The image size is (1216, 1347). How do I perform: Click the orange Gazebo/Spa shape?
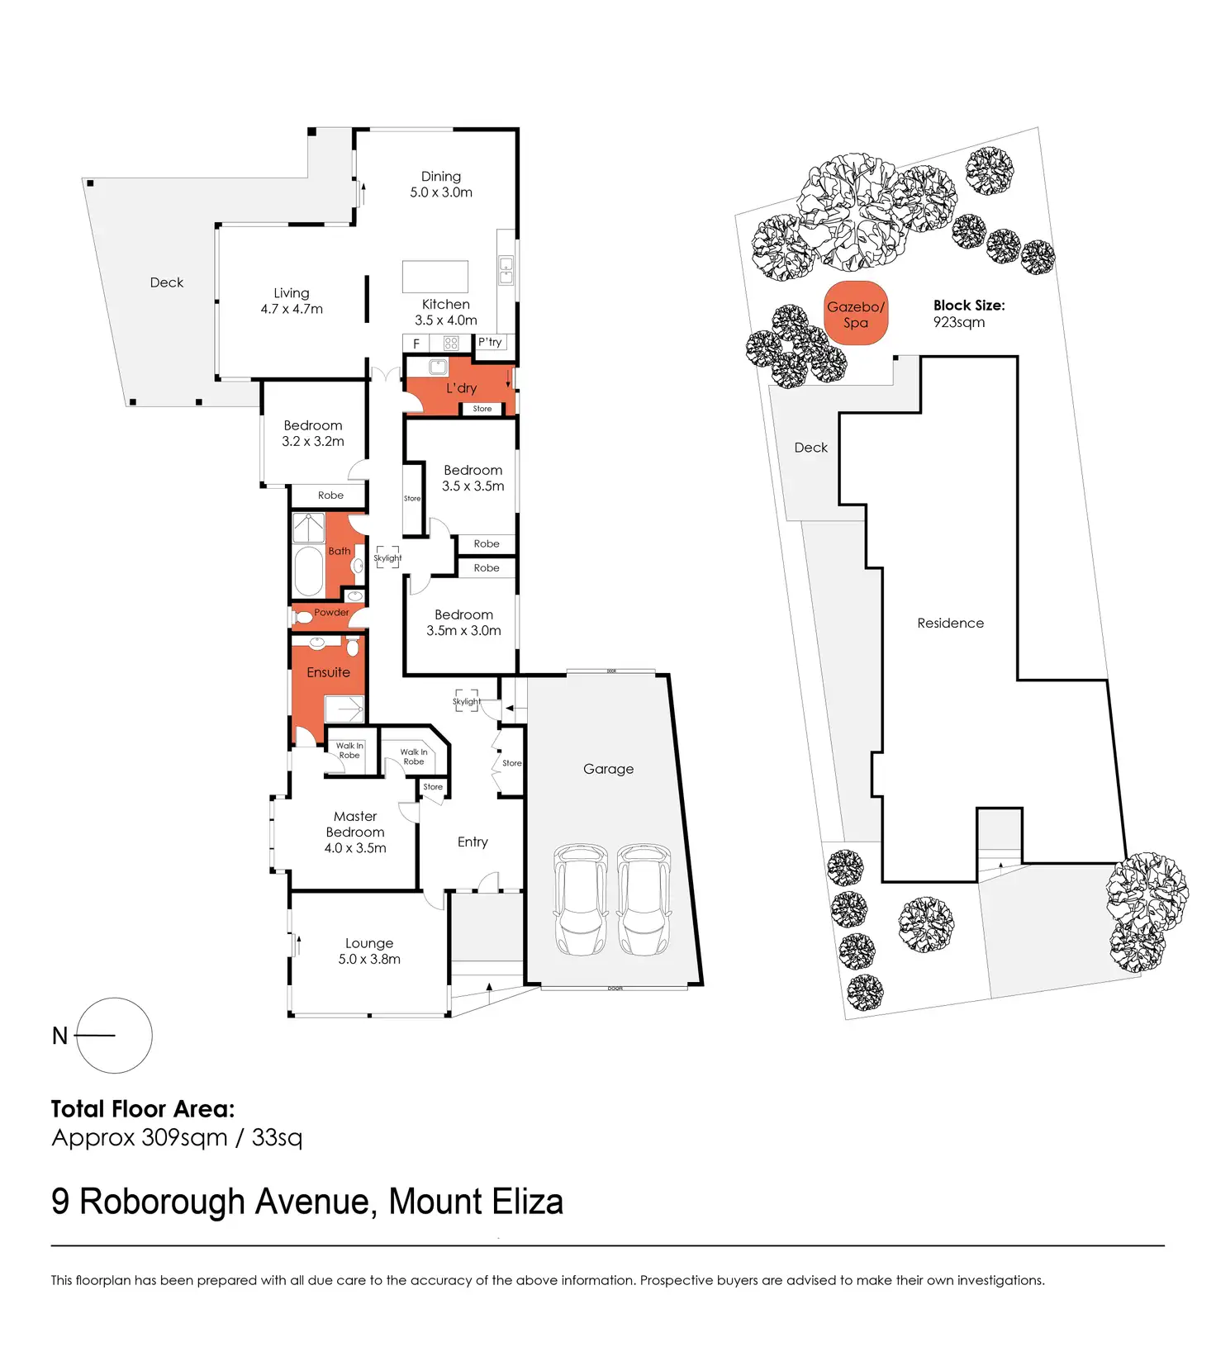coord(856,314)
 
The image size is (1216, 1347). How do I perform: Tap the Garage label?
coord(608,769)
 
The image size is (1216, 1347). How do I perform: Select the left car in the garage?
coord(581,899)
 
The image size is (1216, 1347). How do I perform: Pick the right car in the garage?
coord(644,899)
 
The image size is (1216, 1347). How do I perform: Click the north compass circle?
coord(114,1035)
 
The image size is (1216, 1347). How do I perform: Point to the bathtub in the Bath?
coord(309,570)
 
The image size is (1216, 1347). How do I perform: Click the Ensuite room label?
coord(328,672)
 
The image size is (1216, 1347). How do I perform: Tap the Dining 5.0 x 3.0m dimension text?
coord(441,192)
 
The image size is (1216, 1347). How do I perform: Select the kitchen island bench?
coord(435,277)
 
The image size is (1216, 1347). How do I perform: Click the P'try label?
coord(490,342)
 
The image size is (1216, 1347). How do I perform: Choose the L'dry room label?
coord(461,388)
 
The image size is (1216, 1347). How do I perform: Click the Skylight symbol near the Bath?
coord(387,557)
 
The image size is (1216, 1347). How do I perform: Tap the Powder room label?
coord(331,612)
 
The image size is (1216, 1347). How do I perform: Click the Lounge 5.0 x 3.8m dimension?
coord(369,959)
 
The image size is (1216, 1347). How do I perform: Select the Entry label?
coord(473,842)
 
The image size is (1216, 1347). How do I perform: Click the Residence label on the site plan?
coord(950,623)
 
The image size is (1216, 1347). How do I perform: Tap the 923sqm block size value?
coord(958,322)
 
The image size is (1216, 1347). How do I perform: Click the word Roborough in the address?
coord(162,1202)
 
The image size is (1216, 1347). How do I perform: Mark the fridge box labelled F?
coord(416,343)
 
